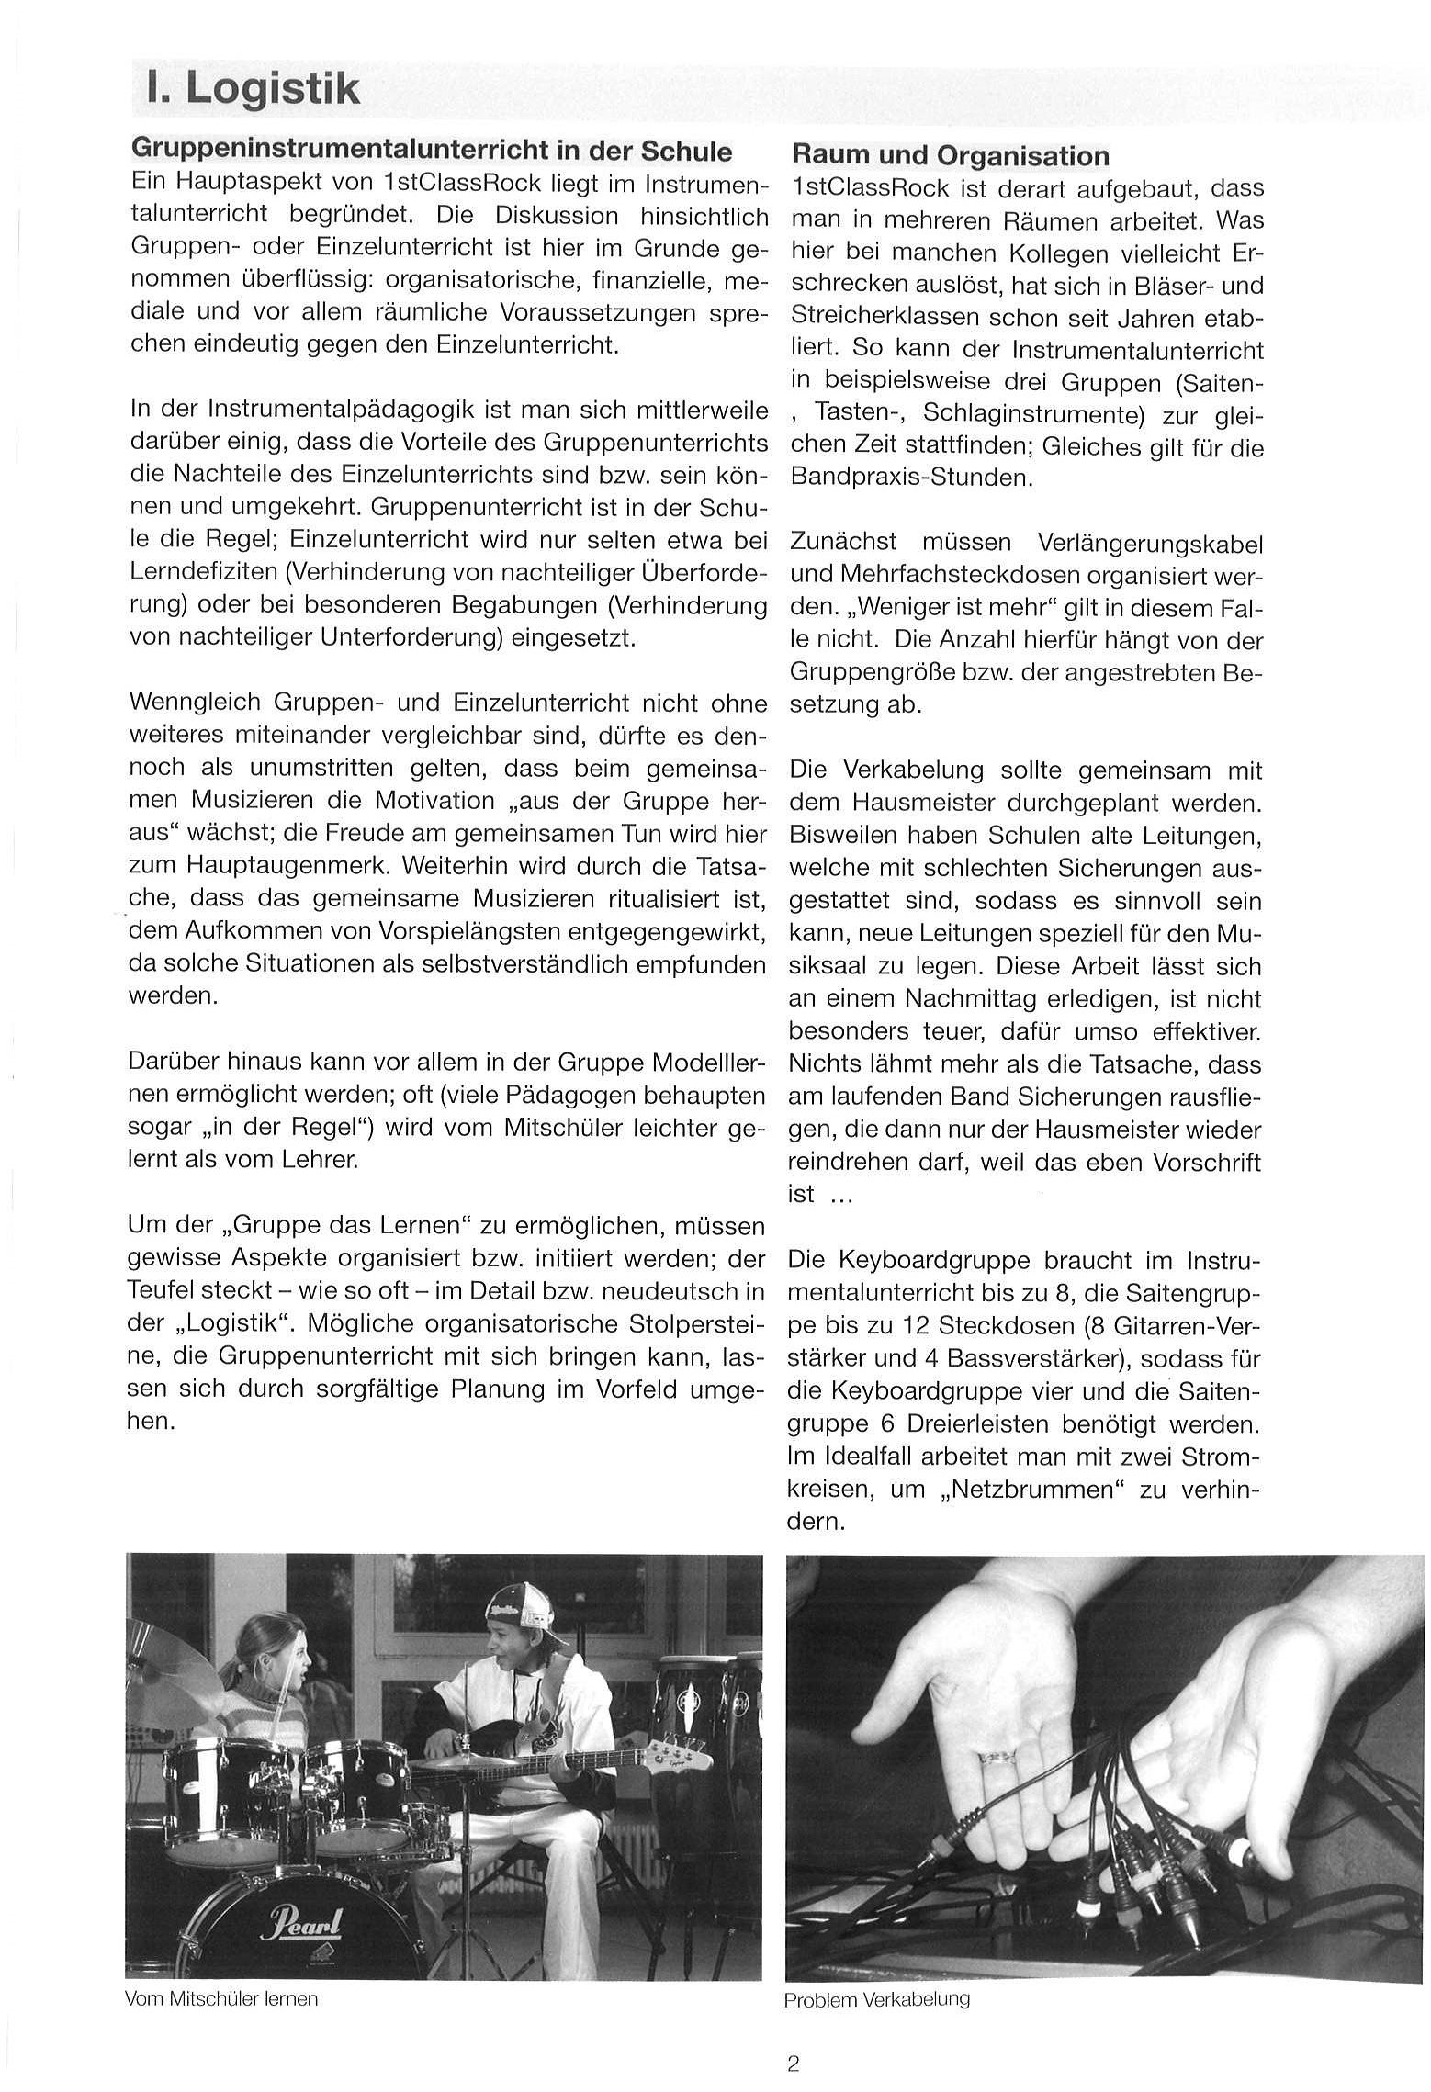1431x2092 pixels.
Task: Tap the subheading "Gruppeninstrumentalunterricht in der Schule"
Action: coord(432,150)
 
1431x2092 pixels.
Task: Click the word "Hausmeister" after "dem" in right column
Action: coord(918,804)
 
